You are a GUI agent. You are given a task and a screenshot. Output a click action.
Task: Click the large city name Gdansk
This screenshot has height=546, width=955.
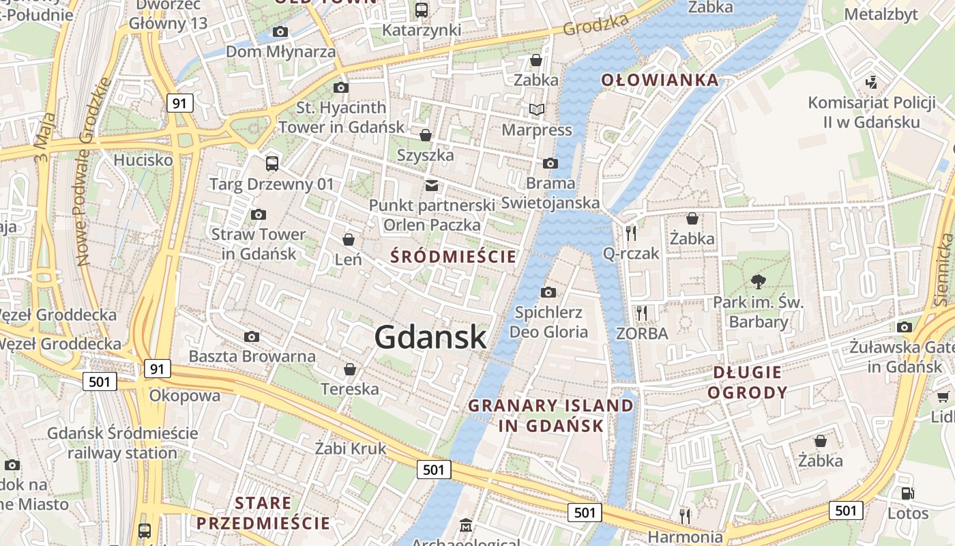pyautogui.click(x=430, y=336)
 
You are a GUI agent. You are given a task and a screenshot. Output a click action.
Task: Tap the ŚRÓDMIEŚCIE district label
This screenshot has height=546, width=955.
pyautogui.click(x=453, y=257)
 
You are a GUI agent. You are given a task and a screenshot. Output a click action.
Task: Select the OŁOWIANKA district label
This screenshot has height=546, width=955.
pyautogui.click(x=660, y=80)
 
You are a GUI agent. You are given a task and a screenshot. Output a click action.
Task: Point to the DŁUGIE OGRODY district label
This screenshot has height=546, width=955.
pyautogui.click(x=747, y=382)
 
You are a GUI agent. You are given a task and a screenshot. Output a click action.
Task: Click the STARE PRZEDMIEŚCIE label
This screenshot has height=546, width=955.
pyautogui.click(x=263, y=513)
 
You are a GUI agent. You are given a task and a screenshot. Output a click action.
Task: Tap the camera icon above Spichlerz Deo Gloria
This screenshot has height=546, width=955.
pyautogui.click(x=548, y=292)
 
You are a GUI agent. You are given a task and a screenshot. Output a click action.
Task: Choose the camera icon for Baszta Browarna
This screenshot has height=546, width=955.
pyautogui.click(x=252, y=336)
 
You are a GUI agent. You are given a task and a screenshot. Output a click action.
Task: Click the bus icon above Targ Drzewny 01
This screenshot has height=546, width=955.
pyautogui.click(x=271, y=163)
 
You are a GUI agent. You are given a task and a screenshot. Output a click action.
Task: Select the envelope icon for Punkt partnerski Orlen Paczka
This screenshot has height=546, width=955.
pyautogui.click(x=431, y=185)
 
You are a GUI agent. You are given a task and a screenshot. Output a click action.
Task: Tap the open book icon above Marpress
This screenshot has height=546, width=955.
pyautogui.click(x=537, y=109)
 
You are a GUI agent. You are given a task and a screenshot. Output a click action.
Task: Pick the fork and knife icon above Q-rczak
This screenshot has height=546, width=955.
pyautogui.click(x=631, y=233)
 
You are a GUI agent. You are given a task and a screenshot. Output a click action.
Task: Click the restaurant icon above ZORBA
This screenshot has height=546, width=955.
pyautogui.click(x=641, y=313)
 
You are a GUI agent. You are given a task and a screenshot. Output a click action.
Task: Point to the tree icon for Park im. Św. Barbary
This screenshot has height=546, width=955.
pyautogui.click(x=758, y=281)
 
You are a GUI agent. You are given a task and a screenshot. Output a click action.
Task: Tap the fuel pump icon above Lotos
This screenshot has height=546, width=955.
pyautogui.click(x=907, y=493)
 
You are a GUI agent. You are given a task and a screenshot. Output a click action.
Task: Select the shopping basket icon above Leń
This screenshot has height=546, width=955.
pyautogui.click(x=349, y=240)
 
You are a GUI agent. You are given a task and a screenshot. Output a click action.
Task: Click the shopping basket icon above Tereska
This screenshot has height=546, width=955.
pyautogui.click(x=350, y=369)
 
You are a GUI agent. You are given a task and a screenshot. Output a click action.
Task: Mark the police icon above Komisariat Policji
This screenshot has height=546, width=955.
pyautogui.click(x=870, y=82)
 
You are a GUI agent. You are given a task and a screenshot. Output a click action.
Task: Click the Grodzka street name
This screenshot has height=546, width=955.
pyautogui.click(x=596, y=25)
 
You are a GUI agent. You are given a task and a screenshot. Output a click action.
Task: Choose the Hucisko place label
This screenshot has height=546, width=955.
pyautogui.click(x=143, y=160)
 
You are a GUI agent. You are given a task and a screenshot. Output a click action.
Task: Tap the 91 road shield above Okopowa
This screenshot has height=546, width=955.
pyautogui.click(x=157, y=369)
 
